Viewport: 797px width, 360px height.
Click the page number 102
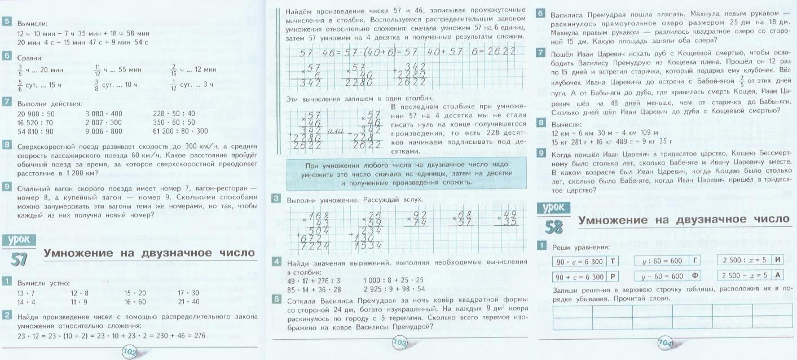130,352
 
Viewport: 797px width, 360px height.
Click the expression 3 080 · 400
103,113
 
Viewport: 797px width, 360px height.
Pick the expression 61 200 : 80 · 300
180,131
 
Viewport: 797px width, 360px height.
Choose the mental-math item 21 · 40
188,302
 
